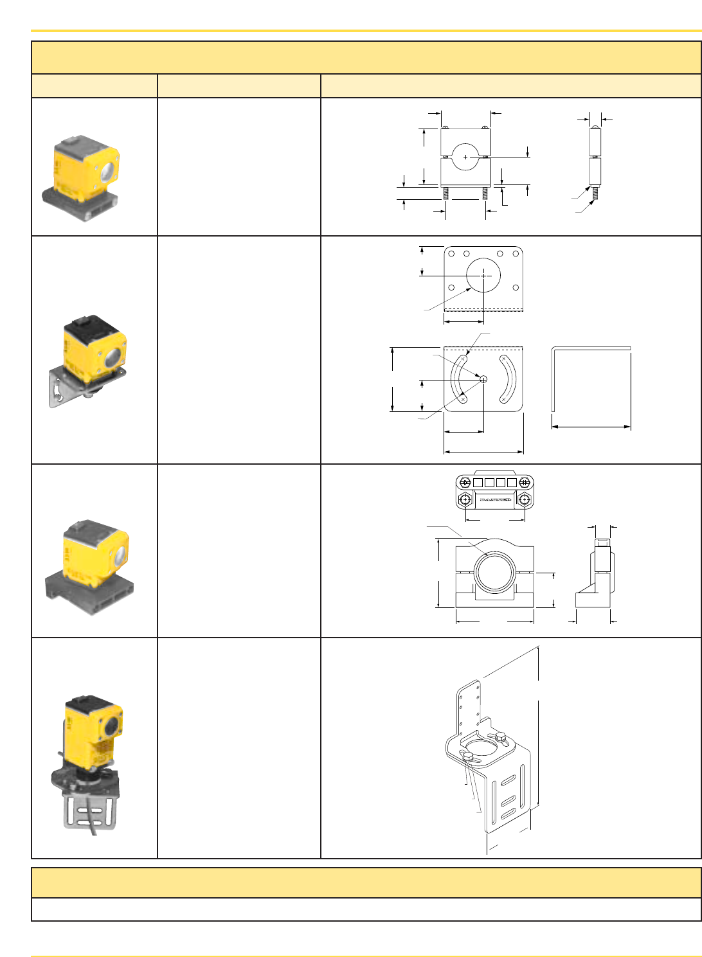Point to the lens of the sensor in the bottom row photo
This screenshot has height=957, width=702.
pos(111,726)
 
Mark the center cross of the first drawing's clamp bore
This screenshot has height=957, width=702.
pos(465,157)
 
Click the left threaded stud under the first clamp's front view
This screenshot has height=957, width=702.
pos(445,193)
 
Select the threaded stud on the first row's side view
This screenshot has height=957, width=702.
pos(595,193)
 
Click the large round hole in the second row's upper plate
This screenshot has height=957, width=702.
pos(483,275)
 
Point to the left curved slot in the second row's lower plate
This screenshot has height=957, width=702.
pos(459,379)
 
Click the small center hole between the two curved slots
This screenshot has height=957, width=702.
pos(483,379)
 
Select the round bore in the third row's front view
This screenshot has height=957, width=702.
pos(495,573)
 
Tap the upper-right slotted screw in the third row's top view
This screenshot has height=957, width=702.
pos(525,483)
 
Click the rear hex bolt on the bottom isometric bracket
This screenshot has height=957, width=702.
pos(500,737)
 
